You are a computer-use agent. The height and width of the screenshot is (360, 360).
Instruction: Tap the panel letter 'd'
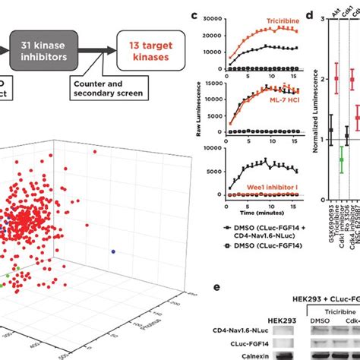pyautogui.click(x=308, y=14)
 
